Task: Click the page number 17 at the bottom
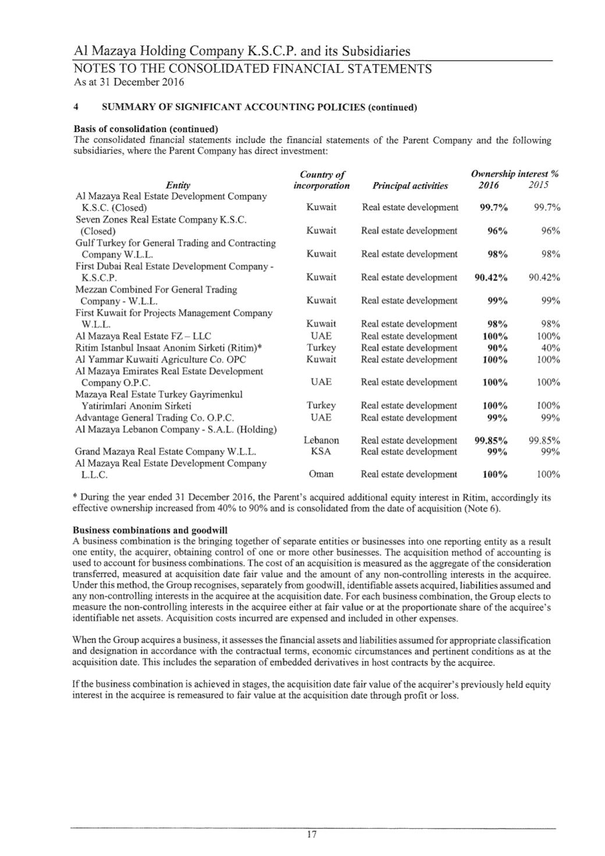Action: pos(311,834)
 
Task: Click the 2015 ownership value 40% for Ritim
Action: pos(549,347)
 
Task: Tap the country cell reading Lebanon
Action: pos(321,441)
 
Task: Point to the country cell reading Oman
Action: pos(321,474)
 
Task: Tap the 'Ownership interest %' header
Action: pos(515,174)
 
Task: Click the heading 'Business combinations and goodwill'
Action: pos(150,530)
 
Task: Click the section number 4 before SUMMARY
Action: pos(76,108)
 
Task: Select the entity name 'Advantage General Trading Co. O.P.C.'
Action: pos(154,418)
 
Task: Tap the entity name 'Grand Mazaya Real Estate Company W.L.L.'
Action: pos(165,452)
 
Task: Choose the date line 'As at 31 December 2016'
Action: pos(129,82)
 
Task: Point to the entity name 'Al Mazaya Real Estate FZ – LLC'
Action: pos(143,336)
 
